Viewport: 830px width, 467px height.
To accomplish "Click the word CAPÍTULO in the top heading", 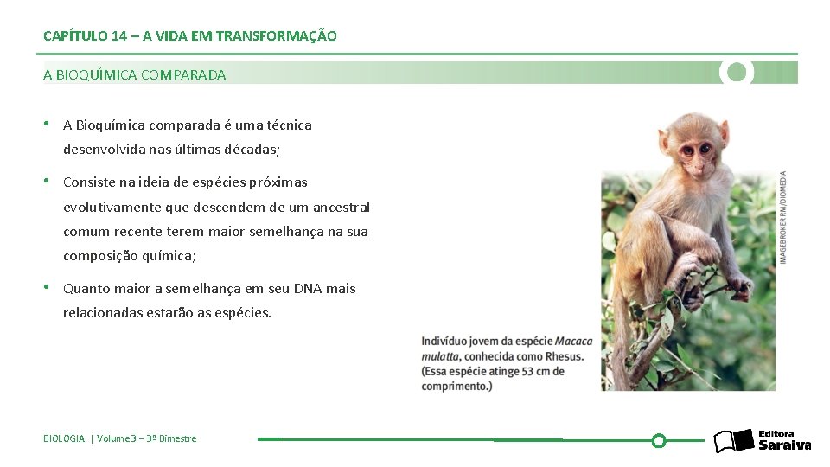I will tap(74, 36).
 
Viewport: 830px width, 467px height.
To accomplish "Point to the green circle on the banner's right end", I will tap(737, 72).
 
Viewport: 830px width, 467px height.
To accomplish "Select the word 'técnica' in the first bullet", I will tap(290, 125).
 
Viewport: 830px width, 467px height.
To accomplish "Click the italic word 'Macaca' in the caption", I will tap(574, 341).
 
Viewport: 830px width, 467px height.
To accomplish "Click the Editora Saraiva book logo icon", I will tap(733, 441).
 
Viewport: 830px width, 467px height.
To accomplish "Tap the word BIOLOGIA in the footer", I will tap(64, 438).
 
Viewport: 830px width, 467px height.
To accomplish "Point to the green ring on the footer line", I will tap(658, 440).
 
